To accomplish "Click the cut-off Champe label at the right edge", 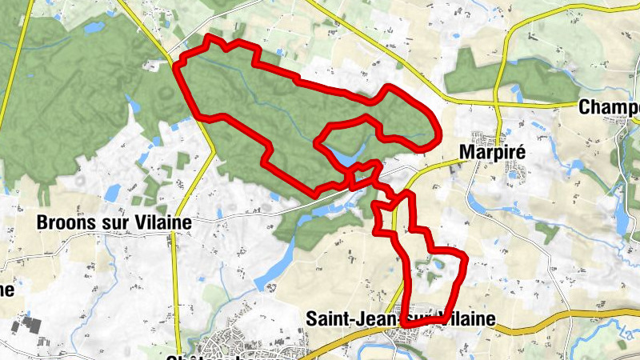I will [x=609, y=107].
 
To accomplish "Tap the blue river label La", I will [x=626, y=327].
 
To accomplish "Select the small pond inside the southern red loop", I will [x=438, y=264].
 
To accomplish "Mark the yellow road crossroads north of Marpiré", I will [x=497, y=104].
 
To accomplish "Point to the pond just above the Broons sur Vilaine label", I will [x=111, y=193].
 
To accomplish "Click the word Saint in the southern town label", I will [x=326, y=319].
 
